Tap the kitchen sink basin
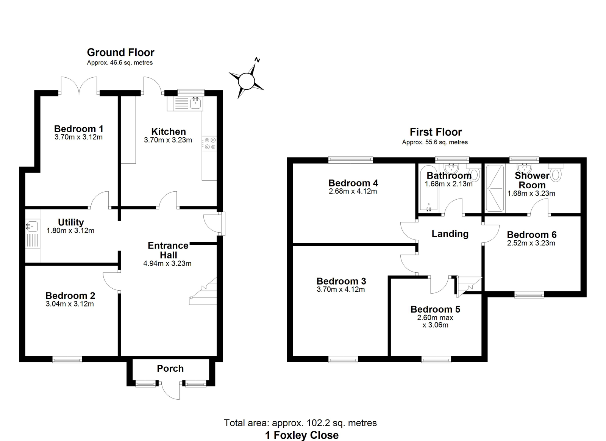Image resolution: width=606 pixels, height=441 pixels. click(195, 103)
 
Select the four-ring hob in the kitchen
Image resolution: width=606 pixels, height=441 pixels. click(209, 143)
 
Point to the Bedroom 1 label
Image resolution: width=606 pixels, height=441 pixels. click(78, 128)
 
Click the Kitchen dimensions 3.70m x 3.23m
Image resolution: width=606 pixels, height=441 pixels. click(168, 140)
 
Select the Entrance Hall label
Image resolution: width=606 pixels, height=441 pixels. click(168, 250)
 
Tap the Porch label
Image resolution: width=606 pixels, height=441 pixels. click(170, 369)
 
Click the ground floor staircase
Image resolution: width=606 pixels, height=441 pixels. click(203, 291)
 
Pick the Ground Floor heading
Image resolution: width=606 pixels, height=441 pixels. click(121, 52)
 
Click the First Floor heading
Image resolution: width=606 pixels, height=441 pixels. click(436, 132)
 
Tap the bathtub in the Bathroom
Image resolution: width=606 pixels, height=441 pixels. click(428, 188)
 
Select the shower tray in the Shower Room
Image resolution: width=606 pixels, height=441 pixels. click(495, 188)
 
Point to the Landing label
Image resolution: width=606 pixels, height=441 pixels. click(450, 234)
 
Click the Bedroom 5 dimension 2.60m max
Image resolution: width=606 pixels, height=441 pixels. click(435, 317)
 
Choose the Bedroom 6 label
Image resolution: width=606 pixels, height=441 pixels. click(532, 235)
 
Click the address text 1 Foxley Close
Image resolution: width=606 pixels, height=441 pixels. click(301, 435)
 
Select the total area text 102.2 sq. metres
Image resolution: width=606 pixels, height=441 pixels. click(341, 423)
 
